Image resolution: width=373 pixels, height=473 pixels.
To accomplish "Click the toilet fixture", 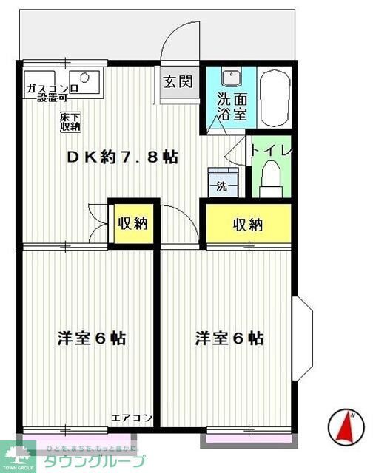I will tap(272, 177).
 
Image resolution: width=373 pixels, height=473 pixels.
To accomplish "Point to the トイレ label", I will tap(272, 150).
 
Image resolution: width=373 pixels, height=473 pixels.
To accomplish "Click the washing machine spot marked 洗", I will tap(222, 186).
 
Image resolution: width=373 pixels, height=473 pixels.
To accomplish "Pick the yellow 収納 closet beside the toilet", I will tap(247, 225).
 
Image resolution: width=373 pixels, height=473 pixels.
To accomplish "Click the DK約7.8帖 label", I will tap(122, 157).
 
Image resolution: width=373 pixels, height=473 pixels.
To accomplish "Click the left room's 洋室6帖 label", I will tap(92, 338).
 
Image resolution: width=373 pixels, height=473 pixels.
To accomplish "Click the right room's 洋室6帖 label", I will tap(229, 338).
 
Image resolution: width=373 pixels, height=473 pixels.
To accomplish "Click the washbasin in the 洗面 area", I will tap(232, 76).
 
